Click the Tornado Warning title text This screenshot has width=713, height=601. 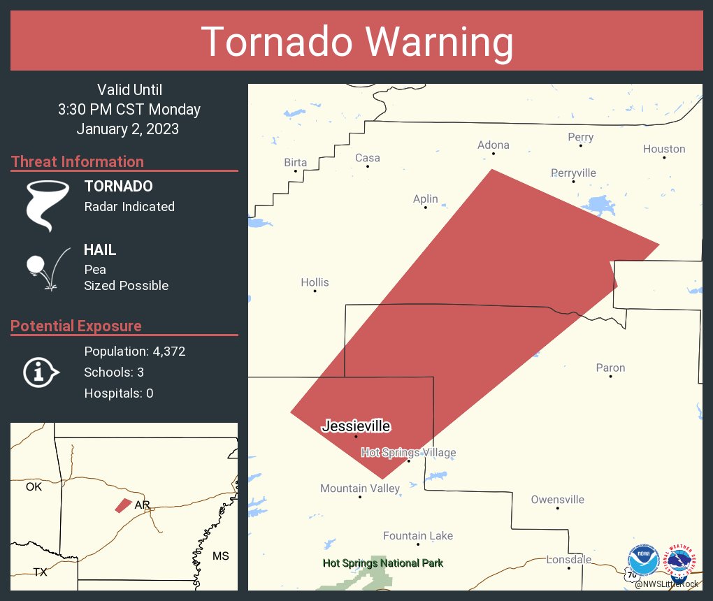click(x=356, y=42)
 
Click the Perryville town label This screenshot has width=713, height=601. click(x=573, y=173)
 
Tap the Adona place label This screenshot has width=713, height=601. click(x=493, y=145)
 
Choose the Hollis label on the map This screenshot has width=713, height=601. click(x=315, y=282)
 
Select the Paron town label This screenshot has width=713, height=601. click(x=610, y=368)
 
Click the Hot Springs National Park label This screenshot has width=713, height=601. click(x=382, y=563)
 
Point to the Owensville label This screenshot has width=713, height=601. click(x=557, y=500)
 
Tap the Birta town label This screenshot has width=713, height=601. click(x=295, y=163)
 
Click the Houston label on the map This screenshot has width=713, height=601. click(x=664, y=149)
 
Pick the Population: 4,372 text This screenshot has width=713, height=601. click(x=135, y=352)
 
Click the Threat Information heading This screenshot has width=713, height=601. click(x=78, y=161)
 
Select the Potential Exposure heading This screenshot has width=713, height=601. click(x=76, y=326)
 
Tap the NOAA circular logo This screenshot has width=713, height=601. click(x=644, y=561)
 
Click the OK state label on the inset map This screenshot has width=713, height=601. click(x=34, y=486)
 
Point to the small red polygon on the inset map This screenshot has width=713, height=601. click(x=123, y=505)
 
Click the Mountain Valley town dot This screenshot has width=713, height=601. click(x=360, y=497)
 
